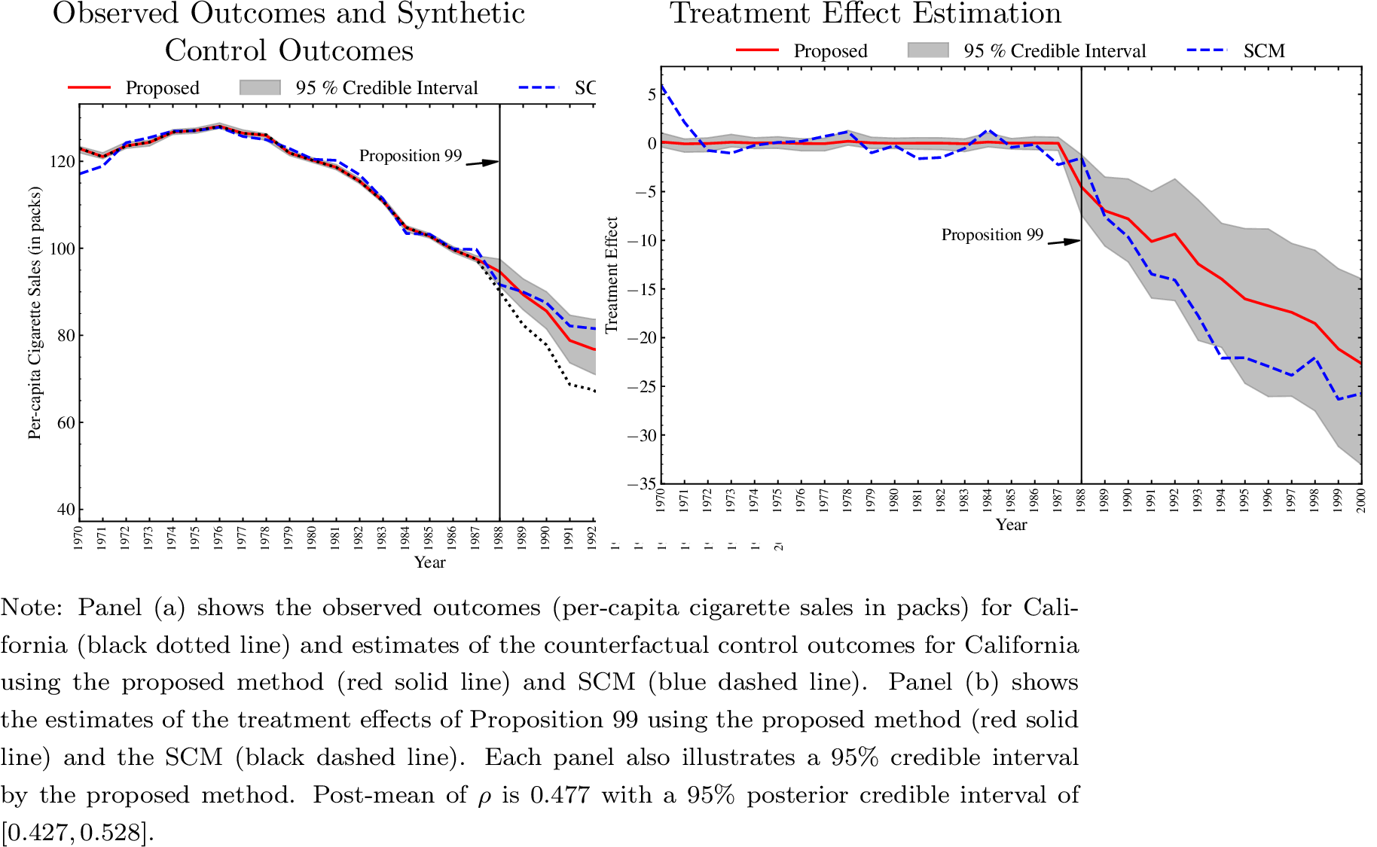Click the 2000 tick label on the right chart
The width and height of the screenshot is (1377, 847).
[1361, 500]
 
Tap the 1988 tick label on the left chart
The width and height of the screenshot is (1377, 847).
[499, 538]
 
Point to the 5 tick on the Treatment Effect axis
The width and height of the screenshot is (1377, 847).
[651, 94]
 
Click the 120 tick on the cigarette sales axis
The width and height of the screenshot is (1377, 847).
[62, 161]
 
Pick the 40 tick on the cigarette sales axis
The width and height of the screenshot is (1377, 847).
[66, 510]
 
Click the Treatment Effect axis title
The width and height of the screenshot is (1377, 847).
[612, 275]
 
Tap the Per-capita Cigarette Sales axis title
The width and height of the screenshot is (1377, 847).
[35, 312]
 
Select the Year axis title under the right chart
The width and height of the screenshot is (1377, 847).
[1011, 525]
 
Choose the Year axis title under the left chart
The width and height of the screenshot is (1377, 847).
[429, 562]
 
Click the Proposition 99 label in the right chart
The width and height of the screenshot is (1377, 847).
[992, 235]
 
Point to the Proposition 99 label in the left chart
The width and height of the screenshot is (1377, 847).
[410, 156]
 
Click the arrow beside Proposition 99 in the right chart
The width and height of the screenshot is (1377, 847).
[1064, 242]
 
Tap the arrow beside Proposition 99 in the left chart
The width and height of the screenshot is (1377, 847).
[482, 163]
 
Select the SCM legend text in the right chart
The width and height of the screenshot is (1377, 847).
[1264, 51]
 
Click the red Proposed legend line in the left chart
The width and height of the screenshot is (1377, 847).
[89, 87]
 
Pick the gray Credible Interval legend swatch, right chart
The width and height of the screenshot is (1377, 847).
[928, 50]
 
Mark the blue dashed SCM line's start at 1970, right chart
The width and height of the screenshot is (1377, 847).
[661, 86]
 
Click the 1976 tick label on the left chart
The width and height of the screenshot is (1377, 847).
[219, 538]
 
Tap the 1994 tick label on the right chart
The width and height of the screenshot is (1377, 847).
[1221, 500]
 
